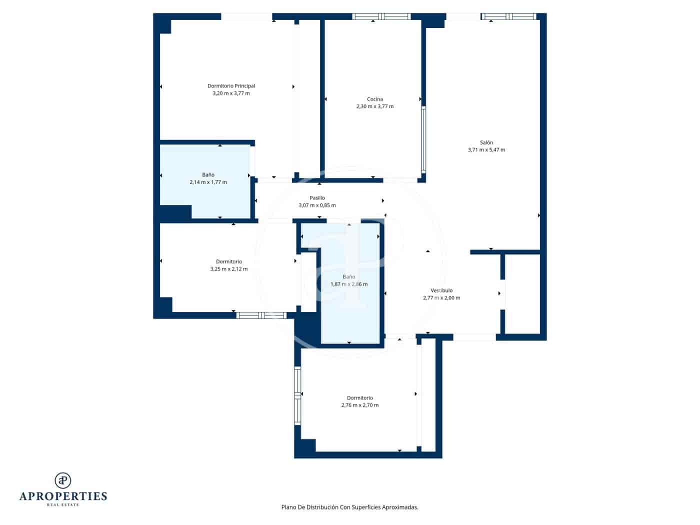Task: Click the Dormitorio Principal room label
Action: click(231, 86)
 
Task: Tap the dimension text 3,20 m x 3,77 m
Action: click(231, 93)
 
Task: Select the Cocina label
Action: click(374, 99)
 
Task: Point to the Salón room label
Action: click(486, 142)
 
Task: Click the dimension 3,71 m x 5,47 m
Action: click(486, 150)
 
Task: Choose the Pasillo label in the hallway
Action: click(317, 198)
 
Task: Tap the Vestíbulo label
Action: click(441, 290)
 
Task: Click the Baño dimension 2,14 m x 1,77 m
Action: click(208, 182)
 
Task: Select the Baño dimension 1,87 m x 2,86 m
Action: click(348, 284)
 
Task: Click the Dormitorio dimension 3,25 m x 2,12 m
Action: click(228, 269)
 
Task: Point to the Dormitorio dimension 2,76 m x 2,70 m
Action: click(359, 405)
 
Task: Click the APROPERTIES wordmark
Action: click(63, 496)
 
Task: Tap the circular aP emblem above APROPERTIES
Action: click(63, 480)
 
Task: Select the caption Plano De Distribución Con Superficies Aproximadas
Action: click(349, 507)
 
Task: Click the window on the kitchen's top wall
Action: click(381, 16)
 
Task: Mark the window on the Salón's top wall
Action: click(508, 16)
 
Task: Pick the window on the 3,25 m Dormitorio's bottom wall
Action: click(260, 315)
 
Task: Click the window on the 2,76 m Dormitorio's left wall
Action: click(297, 395)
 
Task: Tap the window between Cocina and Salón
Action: click(423, 139)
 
